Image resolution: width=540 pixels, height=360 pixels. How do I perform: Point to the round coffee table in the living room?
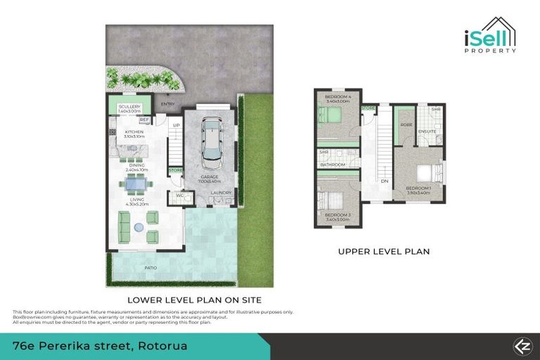click(x=139, y=226)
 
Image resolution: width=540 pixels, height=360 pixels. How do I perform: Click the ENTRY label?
click(x=167, y=105)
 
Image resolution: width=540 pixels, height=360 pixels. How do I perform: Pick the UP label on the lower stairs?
click(x=177, y=126)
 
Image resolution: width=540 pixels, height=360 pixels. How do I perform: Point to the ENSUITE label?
click(x=426, y=131)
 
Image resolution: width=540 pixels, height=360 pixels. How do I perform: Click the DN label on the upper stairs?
click(x=385, y=181)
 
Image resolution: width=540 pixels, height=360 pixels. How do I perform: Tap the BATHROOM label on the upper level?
click(x=333, y=165)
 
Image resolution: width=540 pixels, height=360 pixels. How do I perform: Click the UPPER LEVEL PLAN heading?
click(x=383, y=251)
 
